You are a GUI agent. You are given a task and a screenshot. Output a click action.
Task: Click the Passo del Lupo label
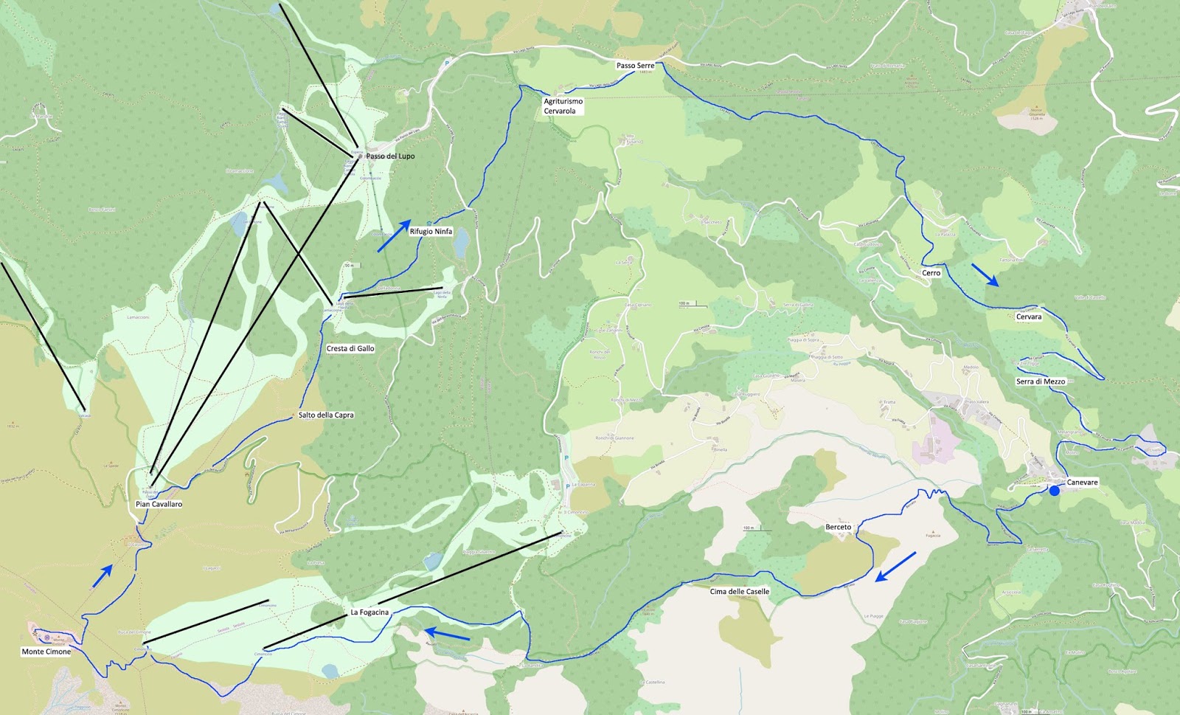point(390,156)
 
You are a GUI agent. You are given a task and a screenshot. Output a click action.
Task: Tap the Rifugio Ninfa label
point(431,232)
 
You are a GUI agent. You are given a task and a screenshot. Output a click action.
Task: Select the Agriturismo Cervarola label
point(563,106)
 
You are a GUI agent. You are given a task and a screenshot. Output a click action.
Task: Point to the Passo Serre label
point(635,66)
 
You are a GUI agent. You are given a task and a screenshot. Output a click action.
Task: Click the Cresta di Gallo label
point(350,348)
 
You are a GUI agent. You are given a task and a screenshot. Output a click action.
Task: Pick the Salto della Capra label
point(326,415)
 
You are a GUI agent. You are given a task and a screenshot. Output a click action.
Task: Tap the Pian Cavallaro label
point(159,505)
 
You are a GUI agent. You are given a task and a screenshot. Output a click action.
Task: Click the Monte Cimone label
point(46,652)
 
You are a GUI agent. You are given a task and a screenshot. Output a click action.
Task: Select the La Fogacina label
point(369,612)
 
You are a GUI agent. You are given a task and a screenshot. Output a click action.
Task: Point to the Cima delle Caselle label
point(739,592)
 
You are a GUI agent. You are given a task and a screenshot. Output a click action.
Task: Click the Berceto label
point(838,528)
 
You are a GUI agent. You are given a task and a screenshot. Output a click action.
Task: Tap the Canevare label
point(1082,483)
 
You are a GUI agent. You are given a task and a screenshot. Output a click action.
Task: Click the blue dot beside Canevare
point(1055,491)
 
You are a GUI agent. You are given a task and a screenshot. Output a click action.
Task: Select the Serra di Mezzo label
point(1040,381)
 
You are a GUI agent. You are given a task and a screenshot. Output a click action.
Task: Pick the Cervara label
point(1029,317)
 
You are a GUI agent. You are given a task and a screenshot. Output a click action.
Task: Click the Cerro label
point(931,273)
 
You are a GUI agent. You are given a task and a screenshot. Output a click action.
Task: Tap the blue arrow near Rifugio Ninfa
point(394,235)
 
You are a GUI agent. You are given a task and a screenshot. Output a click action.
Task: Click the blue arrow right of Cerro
point(985,274)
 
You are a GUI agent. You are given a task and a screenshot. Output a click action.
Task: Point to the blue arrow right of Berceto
point(895,567)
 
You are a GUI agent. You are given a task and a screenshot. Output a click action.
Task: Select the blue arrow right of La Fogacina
point(447,635)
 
